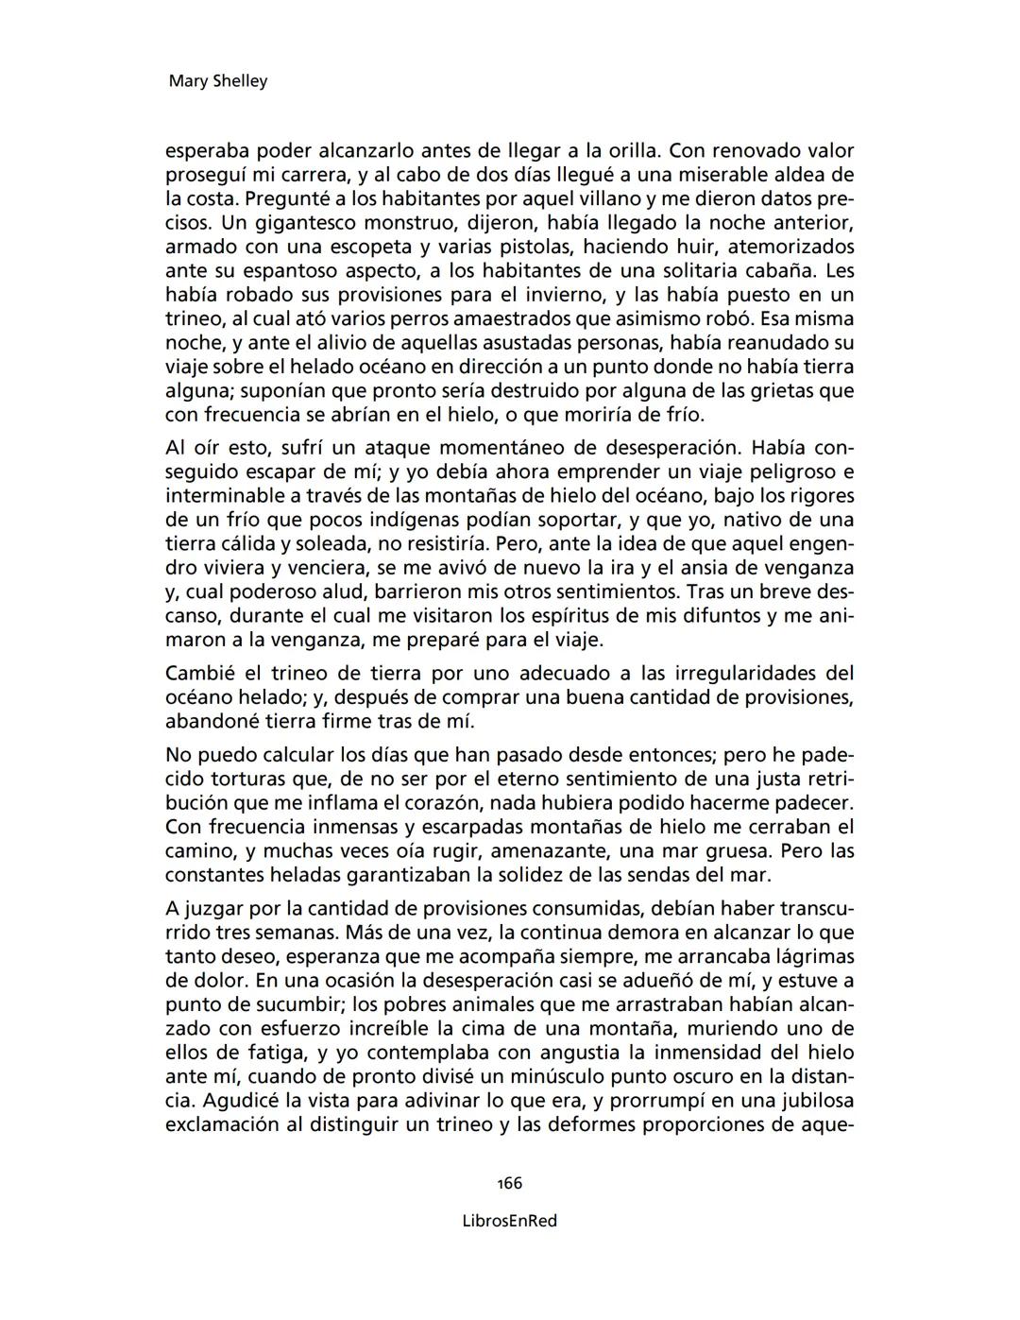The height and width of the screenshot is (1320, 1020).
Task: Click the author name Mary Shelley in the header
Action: click(217, 81)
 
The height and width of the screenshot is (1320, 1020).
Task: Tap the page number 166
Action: click(509, 1183)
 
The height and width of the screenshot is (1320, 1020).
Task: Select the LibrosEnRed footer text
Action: click(509, 1221)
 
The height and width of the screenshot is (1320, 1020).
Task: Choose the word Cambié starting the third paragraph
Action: click(199, 674)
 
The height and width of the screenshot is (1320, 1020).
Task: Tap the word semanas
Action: click(282, 933)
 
